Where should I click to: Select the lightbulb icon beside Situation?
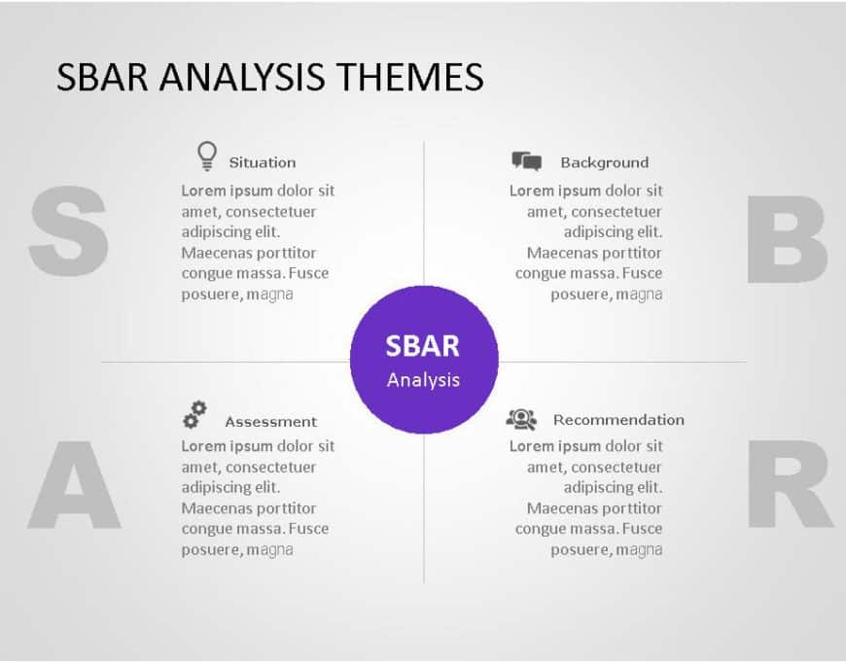[x=206, y=156]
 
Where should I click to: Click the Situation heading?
[x=262, y=162]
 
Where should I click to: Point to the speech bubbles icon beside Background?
[x=526, y=161]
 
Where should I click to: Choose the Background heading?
[x=604, y=162]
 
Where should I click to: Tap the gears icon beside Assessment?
[x=194, y=415]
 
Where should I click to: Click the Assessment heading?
[x=270, y=422]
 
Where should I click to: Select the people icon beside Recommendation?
[x=521, y=419]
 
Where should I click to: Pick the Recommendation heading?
[x=618, y=420]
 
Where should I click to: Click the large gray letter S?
[x=68, y=232]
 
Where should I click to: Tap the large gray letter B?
[x=787, y=239]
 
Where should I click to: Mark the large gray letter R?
[x=789, y=485]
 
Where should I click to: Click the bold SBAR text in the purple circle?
[x=423, y=346]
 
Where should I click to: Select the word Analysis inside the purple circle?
[x=423, y=379]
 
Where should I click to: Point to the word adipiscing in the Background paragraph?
[x=598, y=232]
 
